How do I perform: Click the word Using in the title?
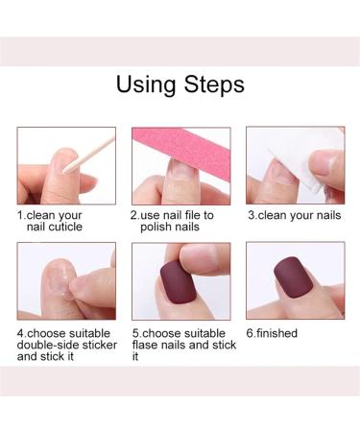146,84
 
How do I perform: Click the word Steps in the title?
214,84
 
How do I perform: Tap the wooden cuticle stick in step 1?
88,156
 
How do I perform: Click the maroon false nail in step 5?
175,282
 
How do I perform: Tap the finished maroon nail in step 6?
293,277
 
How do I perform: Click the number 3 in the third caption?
252,215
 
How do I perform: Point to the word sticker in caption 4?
100,345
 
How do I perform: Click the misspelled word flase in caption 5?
144,345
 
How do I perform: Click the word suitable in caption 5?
204,333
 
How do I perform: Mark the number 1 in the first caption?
20,215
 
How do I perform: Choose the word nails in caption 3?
328,215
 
